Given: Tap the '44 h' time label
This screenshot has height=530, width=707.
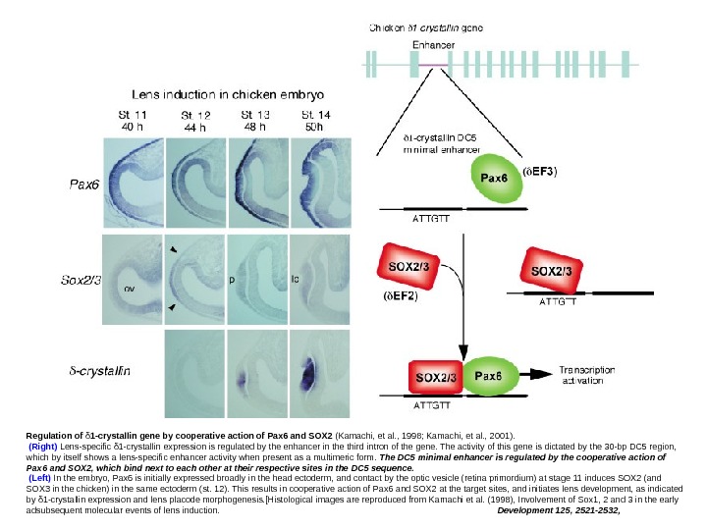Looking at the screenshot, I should pyautogui.click(x=196, y=128).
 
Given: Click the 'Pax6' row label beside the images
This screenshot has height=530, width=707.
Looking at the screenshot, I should pyautogui.click(x=83, y=183).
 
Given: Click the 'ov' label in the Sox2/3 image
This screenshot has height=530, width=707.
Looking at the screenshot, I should pyautogui.click(x=128, y=289).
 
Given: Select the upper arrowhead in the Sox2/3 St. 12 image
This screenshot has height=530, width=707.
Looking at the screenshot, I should pyautogui.click(x=174, y=251).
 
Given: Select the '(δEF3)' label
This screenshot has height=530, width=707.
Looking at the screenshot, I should pyautogui.click(x=558, y=172).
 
